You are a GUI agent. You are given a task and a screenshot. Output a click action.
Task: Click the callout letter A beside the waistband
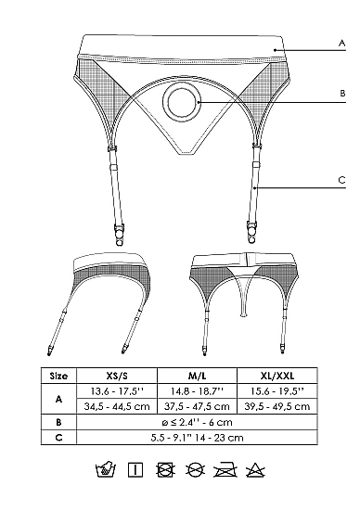point(341,43)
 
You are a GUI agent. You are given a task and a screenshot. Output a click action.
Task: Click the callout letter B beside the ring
point(342,94)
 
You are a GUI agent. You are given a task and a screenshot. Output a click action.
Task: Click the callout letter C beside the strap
point(341,180)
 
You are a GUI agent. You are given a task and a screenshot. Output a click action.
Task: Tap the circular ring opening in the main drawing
point(181,102)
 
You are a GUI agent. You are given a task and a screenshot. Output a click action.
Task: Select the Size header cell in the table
point(58,377)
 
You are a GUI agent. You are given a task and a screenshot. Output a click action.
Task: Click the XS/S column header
point(117,377)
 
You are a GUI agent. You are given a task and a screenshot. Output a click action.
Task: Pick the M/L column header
point(198,377)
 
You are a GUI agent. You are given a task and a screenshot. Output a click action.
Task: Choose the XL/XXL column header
point(277,377)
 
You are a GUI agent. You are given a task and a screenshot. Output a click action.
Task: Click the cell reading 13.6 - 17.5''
point(117,391)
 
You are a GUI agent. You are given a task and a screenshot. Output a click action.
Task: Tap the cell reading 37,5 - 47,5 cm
point(198,407)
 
